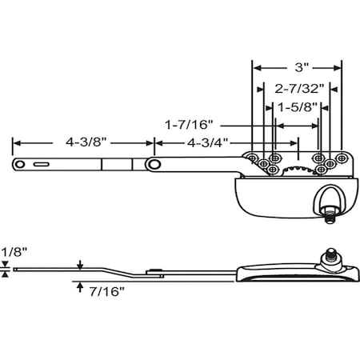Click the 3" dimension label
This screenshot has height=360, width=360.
click(x=297, y=69)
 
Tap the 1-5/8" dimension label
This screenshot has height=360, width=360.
click(x=297, y=106)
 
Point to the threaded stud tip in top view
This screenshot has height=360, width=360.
click(x=329, y=214)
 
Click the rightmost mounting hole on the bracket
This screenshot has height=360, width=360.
click(x=338, y=158)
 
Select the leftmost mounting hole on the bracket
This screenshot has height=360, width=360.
click(x=252, y=158)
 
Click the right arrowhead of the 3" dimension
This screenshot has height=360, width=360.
click(x=339, y=69)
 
